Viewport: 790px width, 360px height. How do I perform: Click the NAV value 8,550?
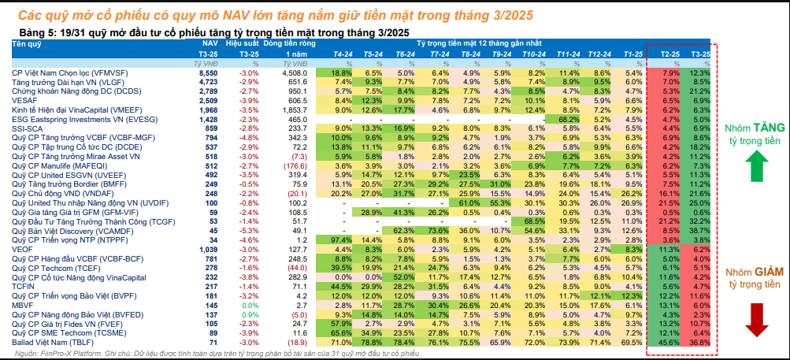point(207,72)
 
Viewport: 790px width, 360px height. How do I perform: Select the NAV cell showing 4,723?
point(207,82)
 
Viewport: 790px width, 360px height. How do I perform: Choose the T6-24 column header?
point(405,53)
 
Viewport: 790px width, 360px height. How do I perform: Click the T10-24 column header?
point(534,53)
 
